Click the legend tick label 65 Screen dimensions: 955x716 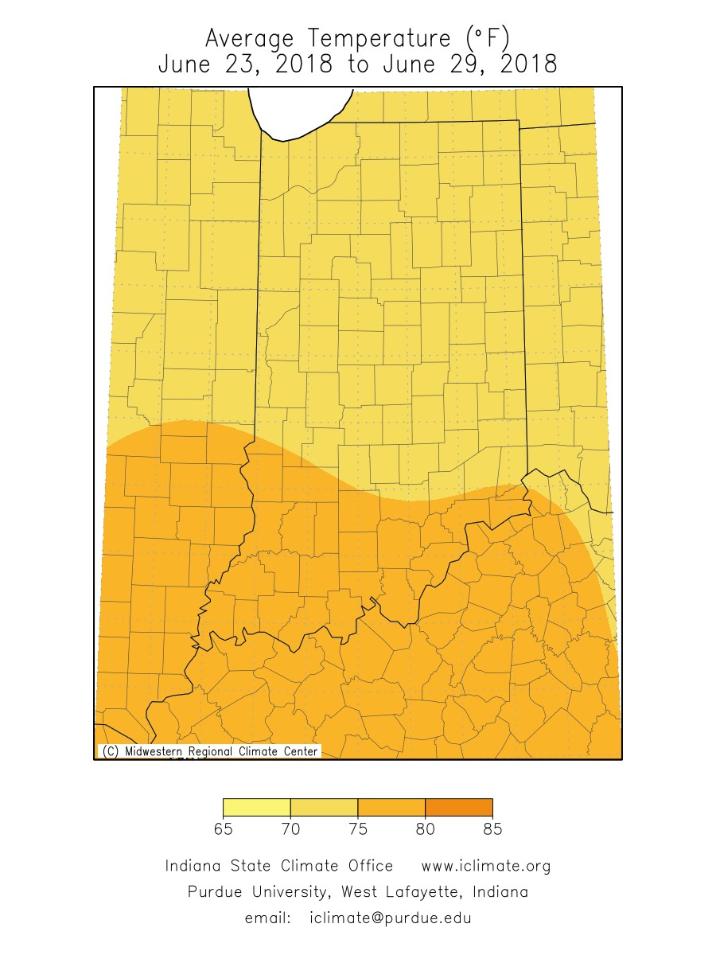(223, 829)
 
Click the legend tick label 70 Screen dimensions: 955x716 (290, 829)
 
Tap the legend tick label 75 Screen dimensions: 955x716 (358, 829)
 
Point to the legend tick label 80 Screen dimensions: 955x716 (426, 829)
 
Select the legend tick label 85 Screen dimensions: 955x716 (492, 829)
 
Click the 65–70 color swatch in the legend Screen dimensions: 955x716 (256, 807)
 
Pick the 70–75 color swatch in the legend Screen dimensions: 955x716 (324, 807)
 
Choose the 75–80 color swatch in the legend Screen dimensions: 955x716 (391, 807)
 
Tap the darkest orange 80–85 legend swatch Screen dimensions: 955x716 (459, 807)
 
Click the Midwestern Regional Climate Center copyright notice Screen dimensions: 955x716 (209, 751)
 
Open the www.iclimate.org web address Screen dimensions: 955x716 (485, 866)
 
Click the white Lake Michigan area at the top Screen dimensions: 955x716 (301, 107)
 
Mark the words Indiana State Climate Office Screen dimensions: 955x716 (278, 866)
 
